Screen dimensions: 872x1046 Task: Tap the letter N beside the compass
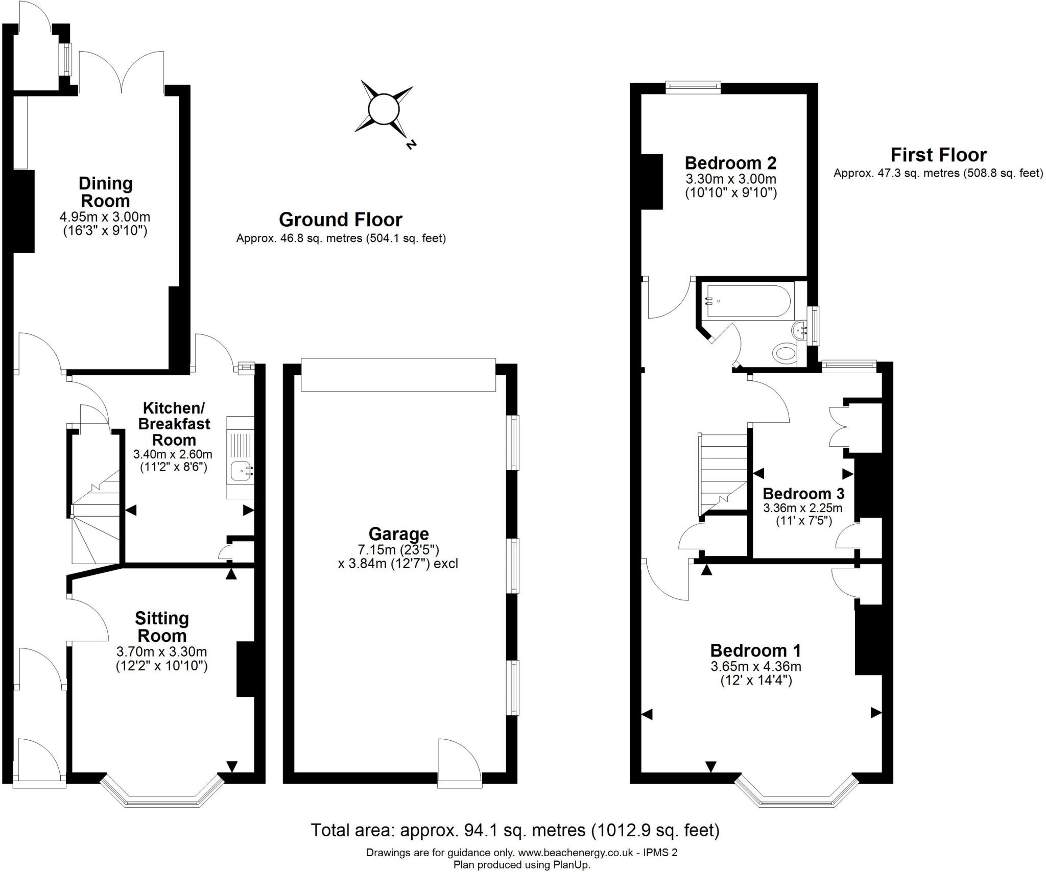(410, 145)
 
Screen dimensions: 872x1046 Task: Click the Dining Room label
(105, 191)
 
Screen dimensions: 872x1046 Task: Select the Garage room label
(398, 534)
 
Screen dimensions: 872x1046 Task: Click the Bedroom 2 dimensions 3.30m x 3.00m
(730, 179)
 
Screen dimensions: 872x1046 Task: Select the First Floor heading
(938, 155)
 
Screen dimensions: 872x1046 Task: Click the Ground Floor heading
(341, 220)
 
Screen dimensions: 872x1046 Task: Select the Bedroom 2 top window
(693, 88)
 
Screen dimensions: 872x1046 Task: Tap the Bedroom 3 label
(803, 494)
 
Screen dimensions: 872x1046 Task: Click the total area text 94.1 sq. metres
(515, 830)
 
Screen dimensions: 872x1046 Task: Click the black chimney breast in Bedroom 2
(651, 182)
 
